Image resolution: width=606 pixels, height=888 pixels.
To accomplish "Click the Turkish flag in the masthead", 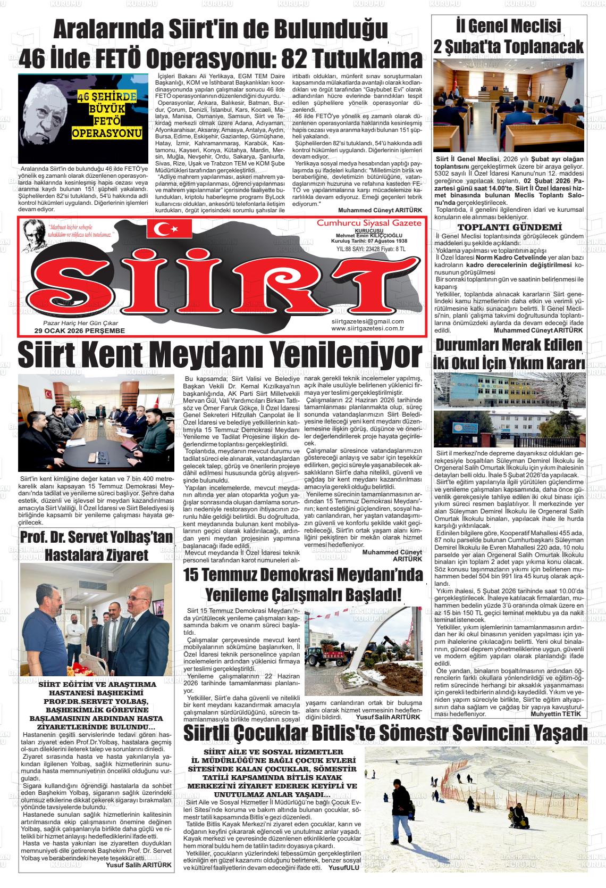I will pos(169,229).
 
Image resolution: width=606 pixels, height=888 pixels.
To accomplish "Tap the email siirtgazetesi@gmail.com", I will pos(367,321).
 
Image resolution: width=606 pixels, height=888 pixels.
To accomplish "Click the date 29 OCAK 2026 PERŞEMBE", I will pos(79,331).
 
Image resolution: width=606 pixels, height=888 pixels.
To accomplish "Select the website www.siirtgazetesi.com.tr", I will pos(367,329).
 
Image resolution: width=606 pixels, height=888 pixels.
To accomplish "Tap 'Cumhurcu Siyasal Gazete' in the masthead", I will pos(368,222).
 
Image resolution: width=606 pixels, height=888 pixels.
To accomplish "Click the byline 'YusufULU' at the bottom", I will pos(344,868).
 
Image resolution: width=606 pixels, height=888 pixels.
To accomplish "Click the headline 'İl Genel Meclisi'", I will pos(509,26).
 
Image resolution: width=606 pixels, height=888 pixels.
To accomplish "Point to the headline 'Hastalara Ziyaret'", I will pos(96,555).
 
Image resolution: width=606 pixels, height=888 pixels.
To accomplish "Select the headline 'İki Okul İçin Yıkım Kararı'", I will pos(509,363).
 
